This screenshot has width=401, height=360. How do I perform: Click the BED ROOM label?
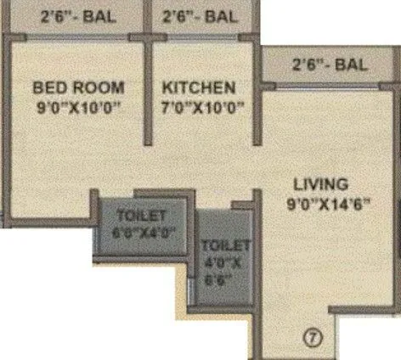coord(78,87)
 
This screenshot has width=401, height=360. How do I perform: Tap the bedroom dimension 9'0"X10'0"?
coord(78,108)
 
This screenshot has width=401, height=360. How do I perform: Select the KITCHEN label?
coord(198,87)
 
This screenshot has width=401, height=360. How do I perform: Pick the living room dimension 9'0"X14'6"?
coord(330,205)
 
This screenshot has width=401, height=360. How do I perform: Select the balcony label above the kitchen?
coord(200,15)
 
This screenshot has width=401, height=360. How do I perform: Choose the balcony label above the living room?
coord(330,64)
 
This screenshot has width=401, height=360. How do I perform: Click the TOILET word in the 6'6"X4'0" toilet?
coord(142,216)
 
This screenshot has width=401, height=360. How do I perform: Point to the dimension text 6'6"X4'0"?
coord(143,233)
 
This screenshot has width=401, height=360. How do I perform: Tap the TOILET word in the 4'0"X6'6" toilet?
coord(225,246)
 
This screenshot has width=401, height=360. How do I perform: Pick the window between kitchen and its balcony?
coord(201,37)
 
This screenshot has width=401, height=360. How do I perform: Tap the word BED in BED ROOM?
coord(48,87)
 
